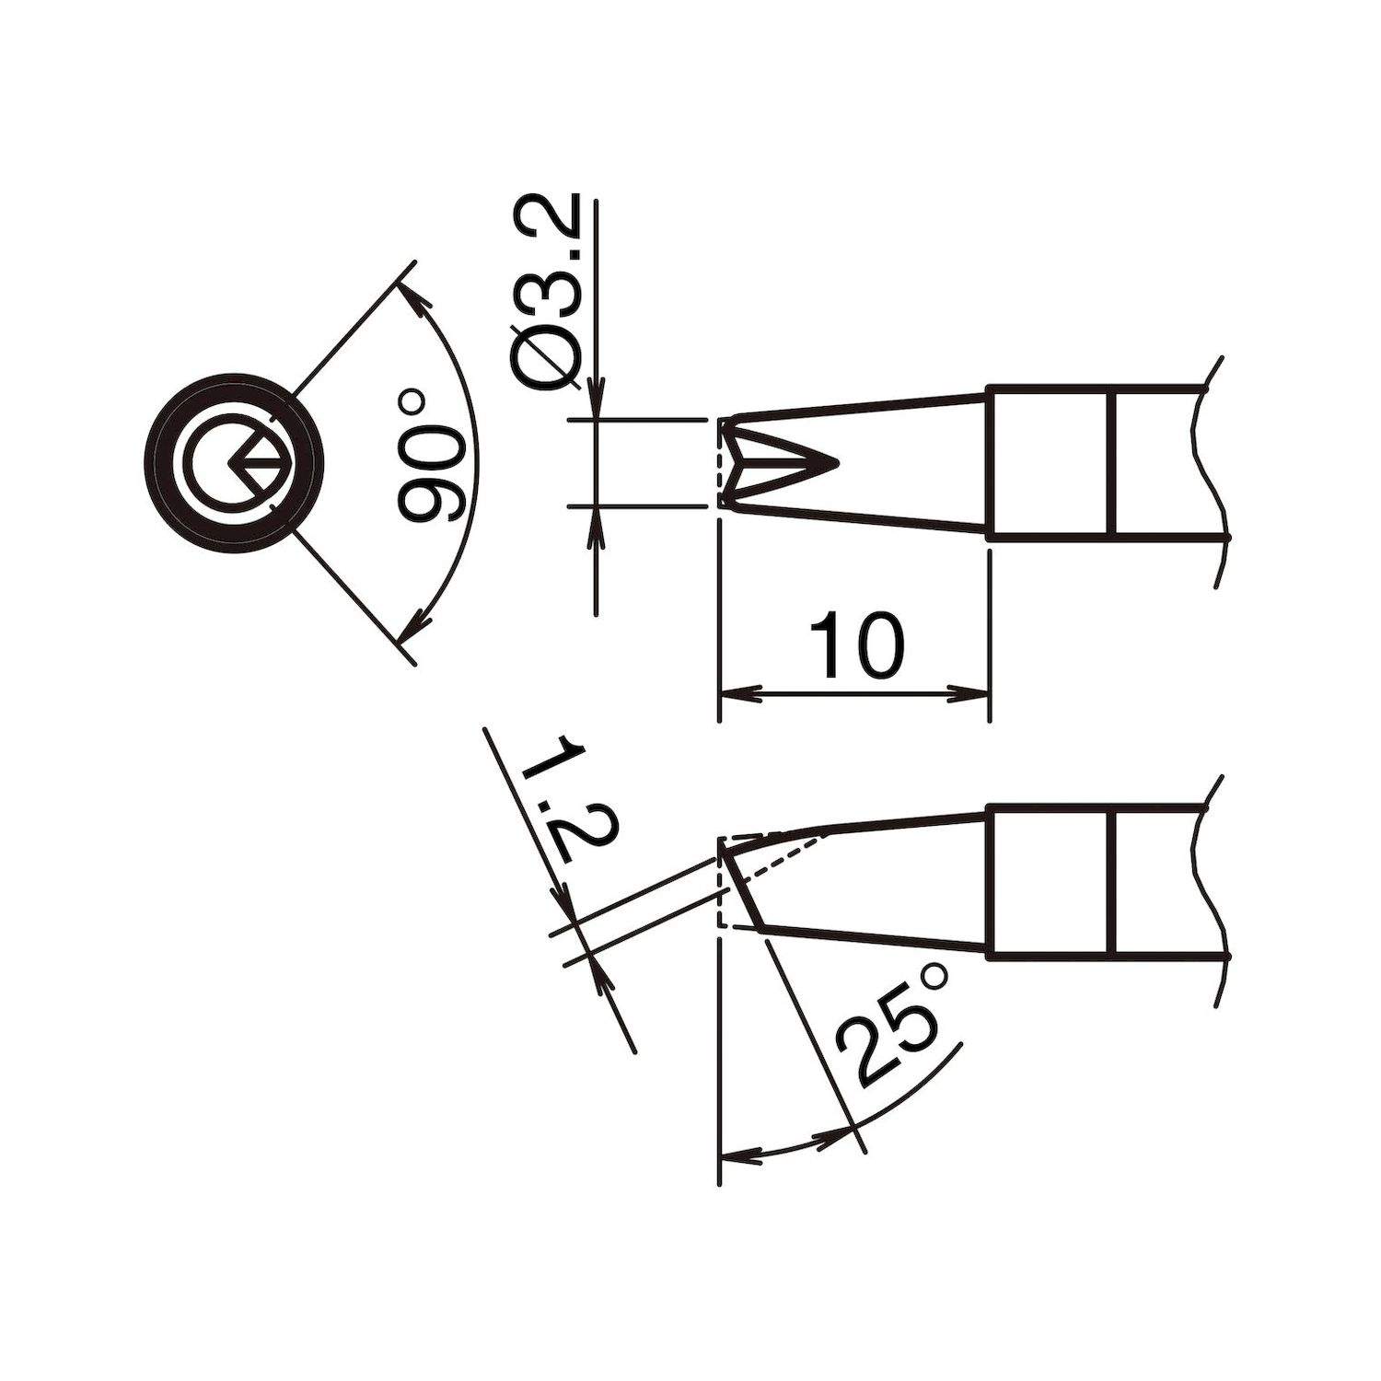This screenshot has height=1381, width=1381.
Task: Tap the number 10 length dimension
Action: pyautogui.click(x=856, y=644)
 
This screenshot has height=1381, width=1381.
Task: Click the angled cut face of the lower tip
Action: pyautogui.click(x=741, y=889)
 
